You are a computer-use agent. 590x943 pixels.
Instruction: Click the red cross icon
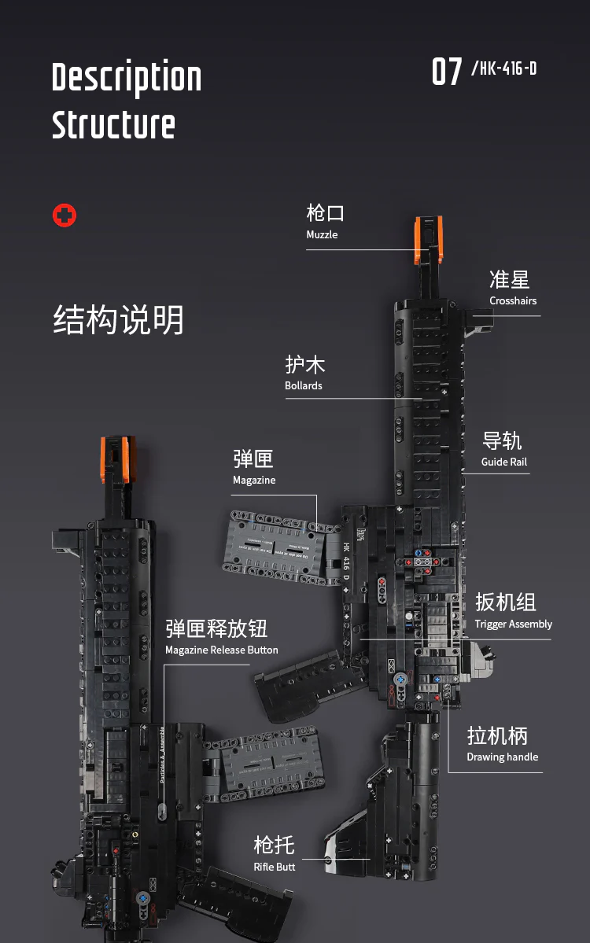[x=65, y=215]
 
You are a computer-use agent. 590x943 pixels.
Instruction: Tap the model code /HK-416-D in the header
[x=503, y=68]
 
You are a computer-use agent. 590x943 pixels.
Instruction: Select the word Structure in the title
[x=113, y=125]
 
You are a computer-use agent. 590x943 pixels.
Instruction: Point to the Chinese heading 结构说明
[x=119, y=320]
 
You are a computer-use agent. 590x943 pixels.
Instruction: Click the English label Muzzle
[x=322, y=234]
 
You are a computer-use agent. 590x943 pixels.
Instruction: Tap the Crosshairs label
[x=513, y=300]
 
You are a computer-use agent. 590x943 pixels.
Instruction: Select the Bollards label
[x=304, y=385]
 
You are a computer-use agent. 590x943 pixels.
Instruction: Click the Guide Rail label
[x=504, y=462]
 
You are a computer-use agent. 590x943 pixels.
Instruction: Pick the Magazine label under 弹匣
[x=254, y=480]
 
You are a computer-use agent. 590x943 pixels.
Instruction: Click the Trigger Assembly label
[x=513, y=624]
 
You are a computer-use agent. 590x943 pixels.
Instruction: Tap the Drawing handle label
[x=502, y=757]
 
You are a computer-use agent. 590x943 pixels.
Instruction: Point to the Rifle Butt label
[x=275, y=866]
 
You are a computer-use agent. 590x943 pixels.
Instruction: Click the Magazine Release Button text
[x=221, y=650]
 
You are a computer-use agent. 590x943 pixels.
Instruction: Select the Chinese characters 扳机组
[x=505, y=602]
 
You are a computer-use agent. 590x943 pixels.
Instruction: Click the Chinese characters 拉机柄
[x=497, y=735]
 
